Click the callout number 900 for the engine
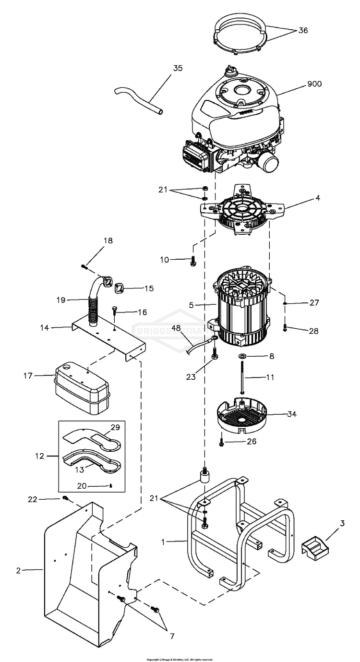pyautogui.click(x=314, y=84)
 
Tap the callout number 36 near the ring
pyautogui.click(x=303, y=30)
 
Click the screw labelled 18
pyautogui.click(x=84, y=265)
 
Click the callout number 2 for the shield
pyautogui.click(x=19, y=571)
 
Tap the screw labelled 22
pyautogui.click(x=65, y=499)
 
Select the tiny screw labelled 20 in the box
pyautogui.click(x=110, y=485)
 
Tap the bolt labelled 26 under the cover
pyautogui.click(x=221, y=444)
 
